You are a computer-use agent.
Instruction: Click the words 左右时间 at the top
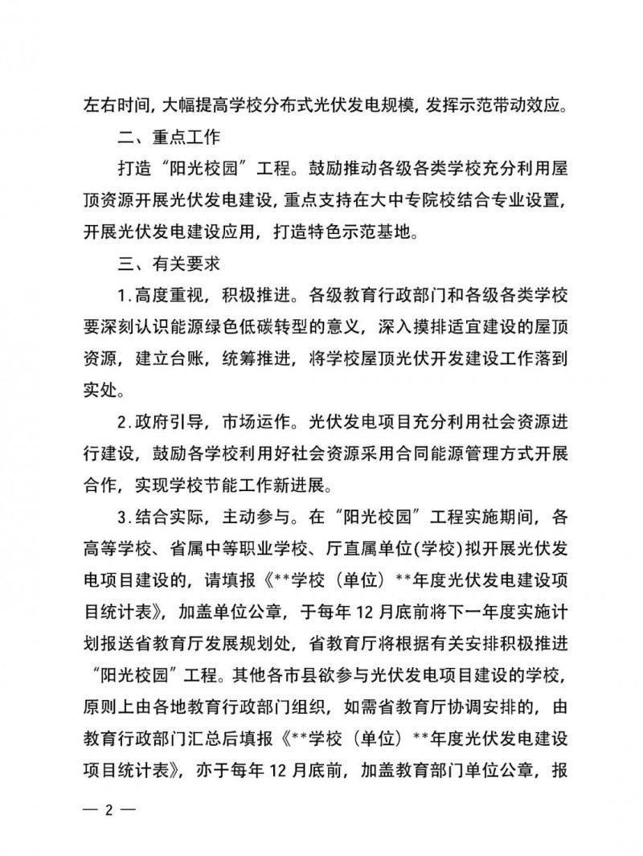[113, 104]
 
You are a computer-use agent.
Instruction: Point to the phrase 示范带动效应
[507, 104]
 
